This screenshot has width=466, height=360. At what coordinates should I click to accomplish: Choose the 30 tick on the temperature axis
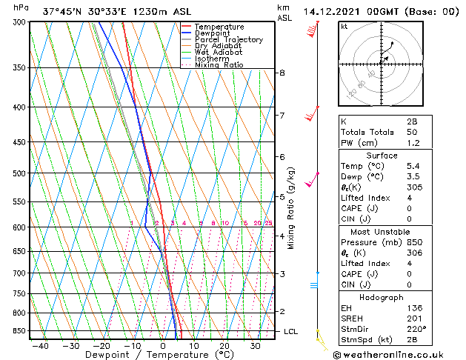pos(255,345)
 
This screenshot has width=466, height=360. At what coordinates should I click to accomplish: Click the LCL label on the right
pos(290,331)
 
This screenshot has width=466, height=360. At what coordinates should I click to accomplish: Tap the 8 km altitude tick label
pos(282,73)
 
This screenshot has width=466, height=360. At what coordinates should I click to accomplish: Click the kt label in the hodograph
pos(344,27)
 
